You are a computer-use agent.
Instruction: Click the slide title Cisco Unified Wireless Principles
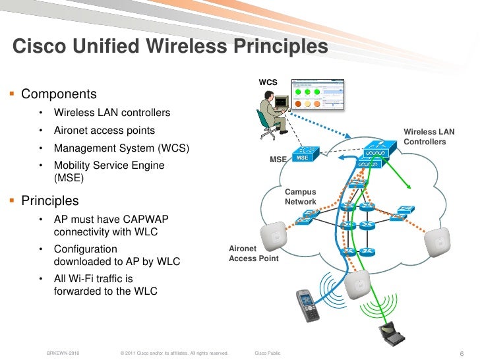(170, 47)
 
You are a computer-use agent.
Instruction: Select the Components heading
(59, 94)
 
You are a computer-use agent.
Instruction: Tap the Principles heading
(50, 200)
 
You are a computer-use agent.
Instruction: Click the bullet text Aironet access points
(104, 130)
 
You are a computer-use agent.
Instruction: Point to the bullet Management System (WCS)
(121, 148)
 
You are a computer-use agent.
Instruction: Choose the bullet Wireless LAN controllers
(112, 113)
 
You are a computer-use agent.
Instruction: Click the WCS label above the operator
(268, 82)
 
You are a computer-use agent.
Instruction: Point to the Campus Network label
(301, 196)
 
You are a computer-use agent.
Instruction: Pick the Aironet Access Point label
(253, 254)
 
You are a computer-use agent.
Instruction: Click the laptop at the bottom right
(393, 334)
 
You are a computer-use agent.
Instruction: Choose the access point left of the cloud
(272, 236)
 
